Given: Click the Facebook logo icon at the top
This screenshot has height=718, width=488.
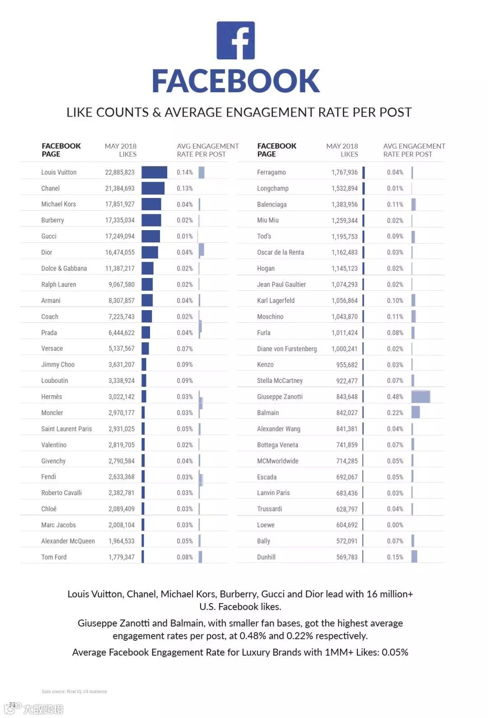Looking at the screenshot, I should click(x=235, y=40).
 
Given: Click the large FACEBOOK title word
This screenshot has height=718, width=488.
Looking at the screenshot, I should click(x=235, y=81).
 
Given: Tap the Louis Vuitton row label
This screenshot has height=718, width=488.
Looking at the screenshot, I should click(x=59, y=172).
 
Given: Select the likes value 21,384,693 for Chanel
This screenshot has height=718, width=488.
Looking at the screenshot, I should click(x=120, y=189).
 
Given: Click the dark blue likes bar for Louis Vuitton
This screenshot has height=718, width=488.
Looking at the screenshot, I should click(x=154, y=172).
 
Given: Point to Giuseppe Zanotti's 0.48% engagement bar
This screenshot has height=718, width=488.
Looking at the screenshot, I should click(x=420, y=397).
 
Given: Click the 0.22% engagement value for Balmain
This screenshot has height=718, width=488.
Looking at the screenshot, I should click(x=395, y=413).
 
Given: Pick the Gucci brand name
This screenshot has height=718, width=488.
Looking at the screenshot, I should click(x=49, y=236).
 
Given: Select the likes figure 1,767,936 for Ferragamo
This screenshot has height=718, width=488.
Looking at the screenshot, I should click(x=344, y=172).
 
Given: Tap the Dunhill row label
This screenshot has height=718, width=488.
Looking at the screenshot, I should click(x=266, y=557).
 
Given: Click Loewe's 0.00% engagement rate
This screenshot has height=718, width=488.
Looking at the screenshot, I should click(x=395, y=525).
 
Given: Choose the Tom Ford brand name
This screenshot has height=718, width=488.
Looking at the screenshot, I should click(x=54, y=557).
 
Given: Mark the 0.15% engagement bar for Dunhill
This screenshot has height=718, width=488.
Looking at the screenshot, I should click(x=414, y=557).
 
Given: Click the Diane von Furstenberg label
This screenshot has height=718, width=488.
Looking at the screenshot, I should click(x=287, y=349).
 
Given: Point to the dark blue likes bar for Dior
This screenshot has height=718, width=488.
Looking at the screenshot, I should click(x=150, y=252).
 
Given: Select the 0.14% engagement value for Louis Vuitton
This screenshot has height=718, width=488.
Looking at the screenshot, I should click(x=184, y=172).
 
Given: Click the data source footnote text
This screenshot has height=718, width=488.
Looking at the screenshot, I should click(x=75, y=691).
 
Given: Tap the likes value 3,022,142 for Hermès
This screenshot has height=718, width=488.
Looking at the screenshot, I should click(x=121, y=397).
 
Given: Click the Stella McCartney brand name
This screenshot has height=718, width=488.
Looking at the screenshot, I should click(x=280, y=381).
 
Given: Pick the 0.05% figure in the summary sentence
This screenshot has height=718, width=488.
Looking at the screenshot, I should click(x=395, y=652).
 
